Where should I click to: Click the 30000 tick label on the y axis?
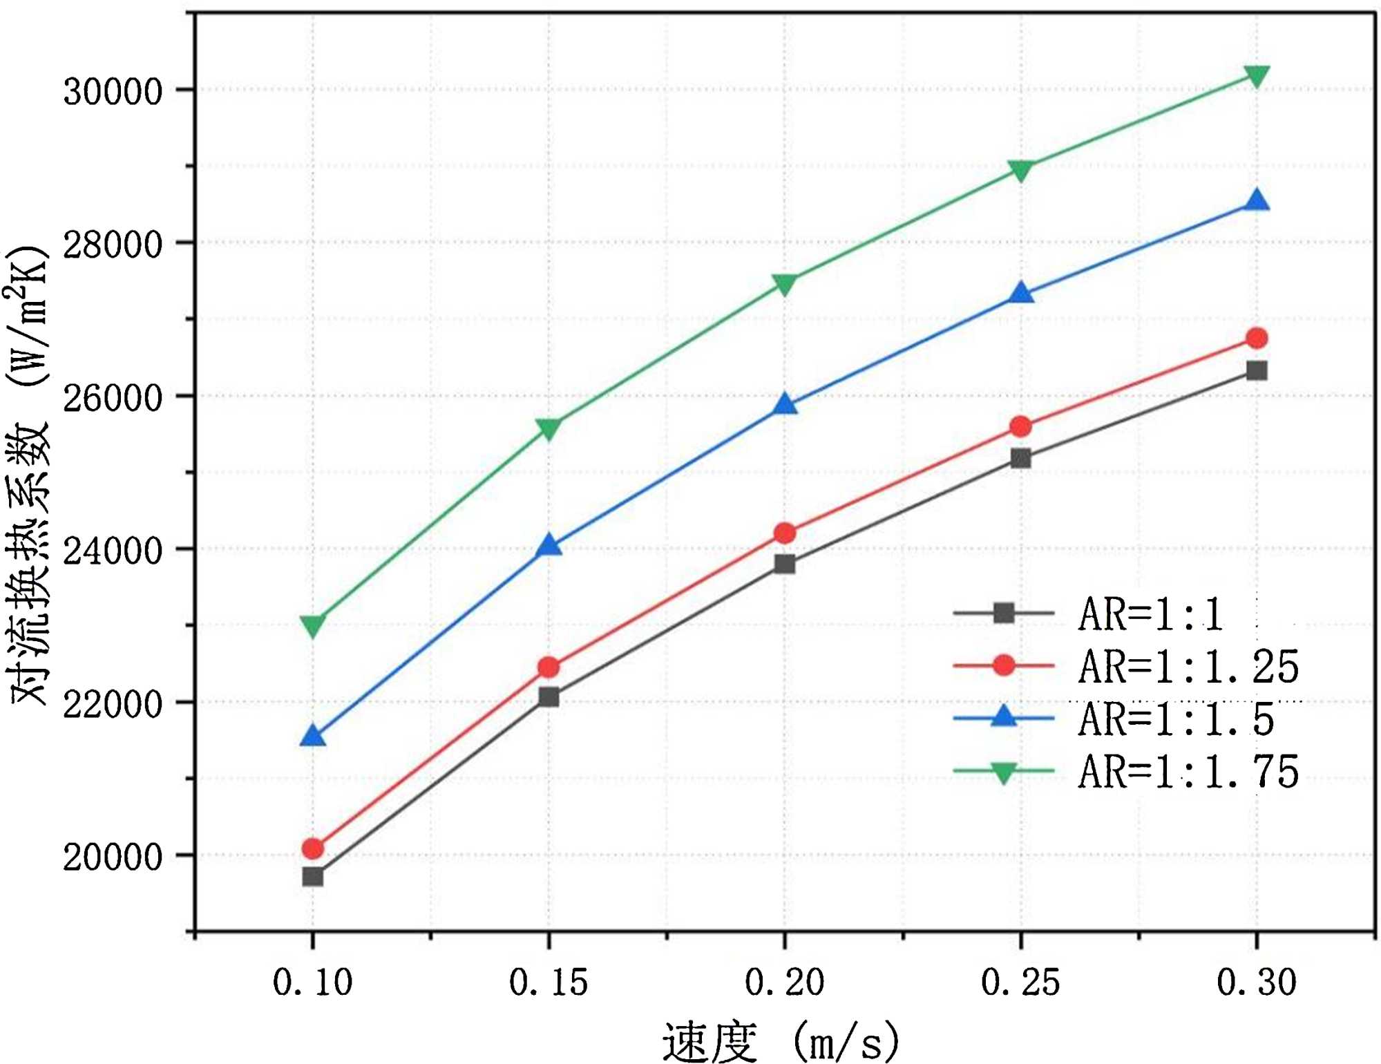click(113, 91)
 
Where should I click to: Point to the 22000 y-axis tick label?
click(113, 704)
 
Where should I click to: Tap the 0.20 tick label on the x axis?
click(784, 982)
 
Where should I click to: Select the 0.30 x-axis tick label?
click(1256, 982)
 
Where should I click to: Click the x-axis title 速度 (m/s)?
click(781, 1041)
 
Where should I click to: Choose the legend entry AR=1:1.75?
click(1188, 772)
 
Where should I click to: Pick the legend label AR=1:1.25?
click(1188, 667)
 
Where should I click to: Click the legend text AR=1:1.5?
click(1176, 719)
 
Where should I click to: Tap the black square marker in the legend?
click(1003, 613)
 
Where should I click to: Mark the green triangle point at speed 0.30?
click(1256, 76)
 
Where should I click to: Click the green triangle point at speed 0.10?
click(313, 625)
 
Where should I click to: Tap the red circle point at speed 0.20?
click(784, 533)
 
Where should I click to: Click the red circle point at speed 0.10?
click(313, 848)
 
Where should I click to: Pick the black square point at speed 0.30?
click(1256, 371)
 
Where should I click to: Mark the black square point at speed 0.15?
click(549, 696)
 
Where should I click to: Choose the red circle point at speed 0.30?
click(1256, 339)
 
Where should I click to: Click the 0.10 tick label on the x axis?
click(313, 982)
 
